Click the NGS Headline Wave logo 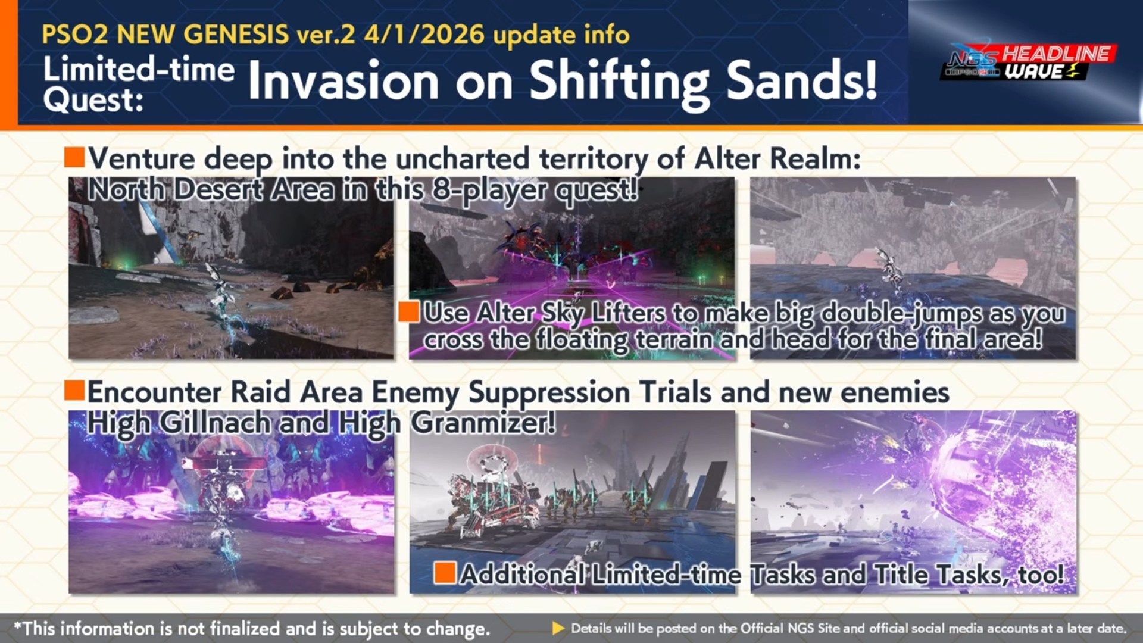coord(1028,63)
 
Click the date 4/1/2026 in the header coord(424,34)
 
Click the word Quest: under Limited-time coord(93,100)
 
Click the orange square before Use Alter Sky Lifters coord(409,311)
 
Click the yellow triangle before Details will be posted coord(558,628)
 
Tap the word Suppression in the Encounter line coord(549,393)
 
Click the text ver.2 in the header coord(326,35)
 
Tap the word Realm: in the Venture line coord(815,159)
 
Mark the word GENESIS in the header coord(236,35)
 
